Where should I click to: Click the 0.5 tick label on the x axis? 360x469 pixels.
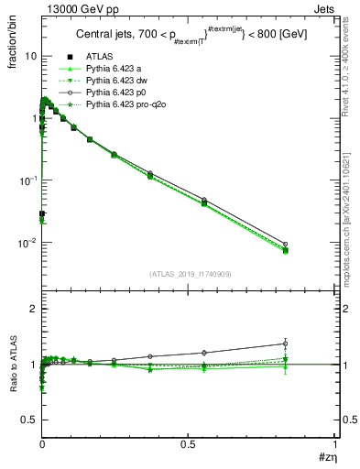[189, 442]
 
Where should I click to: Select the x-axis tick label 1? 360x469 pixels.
[335, 442]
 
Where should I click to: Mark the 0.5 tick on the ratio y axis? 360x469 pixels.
[27, 420]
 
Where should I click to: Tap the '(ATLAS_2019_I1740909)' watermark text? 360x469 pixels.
[189, 274]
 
